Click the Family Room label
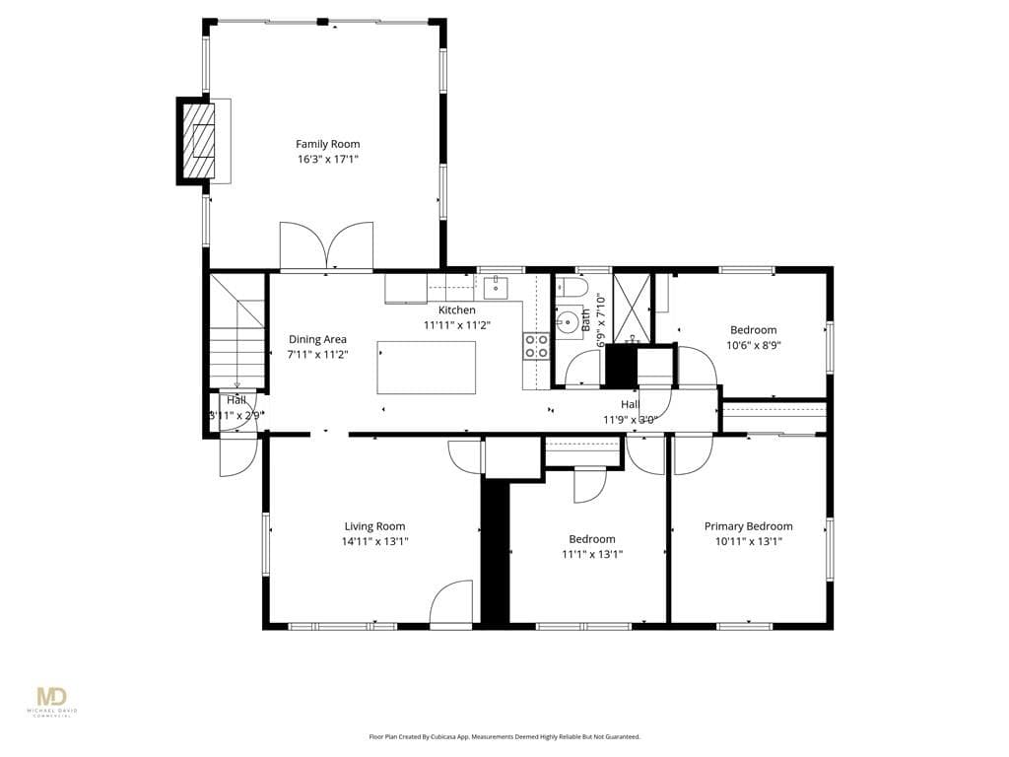[327, 144]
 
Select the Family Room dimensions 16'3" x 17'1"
[327, 159]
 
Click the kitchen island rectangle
[426, 368]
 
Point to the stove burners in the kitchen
[536, 346]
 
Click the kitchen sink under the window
[496, 287]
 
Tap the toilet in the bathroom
[571, 288]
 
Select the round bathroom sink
[567, 321]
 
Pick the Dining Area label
[317, 339]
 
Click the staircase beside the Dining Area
[236, 335]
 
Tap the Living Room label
[374, 526]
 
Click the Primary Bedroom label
[748, 526]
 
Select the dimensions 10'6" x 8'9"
[753, 345]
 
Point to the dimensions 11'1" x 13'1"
[592, 554]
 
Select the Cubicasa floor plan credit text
[504, 736]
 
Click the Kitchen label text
[456, 310]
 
